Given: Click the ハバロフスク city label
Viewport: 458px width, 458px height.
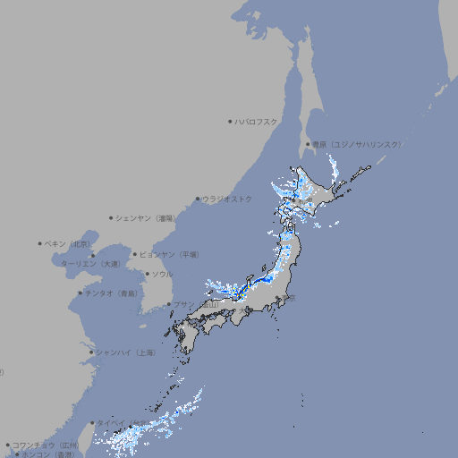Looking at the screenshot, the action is tap(257, 121).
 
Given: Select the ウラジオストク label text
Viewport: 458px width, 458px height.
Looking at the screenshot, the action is tap(227, 199).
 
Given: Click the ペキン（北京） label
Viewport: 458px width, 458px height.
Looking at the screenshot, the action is tap(68, 243).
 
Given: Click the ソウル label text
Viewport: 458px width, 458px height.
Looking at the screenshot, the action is tap(162, 274).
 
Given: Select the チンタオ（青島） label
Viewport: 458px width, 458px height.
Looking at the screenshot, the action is tap(111, 293).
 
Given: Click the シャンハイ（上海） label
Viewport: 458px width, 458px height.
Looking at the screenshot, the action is tap(125, 352).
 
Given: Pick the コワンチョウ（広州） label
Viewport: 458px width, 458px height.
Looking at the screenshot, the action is tap(45, 445).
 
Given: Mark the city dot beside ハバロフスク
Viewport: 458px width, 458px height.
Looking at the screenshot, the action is tap(230, 121).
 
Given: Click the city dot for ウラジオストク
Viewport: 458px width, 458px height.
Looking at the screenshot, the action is tap(198, 199).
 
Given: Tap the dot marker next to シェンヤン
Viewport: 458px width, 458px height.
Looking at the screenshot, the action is tap(111, 217).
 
